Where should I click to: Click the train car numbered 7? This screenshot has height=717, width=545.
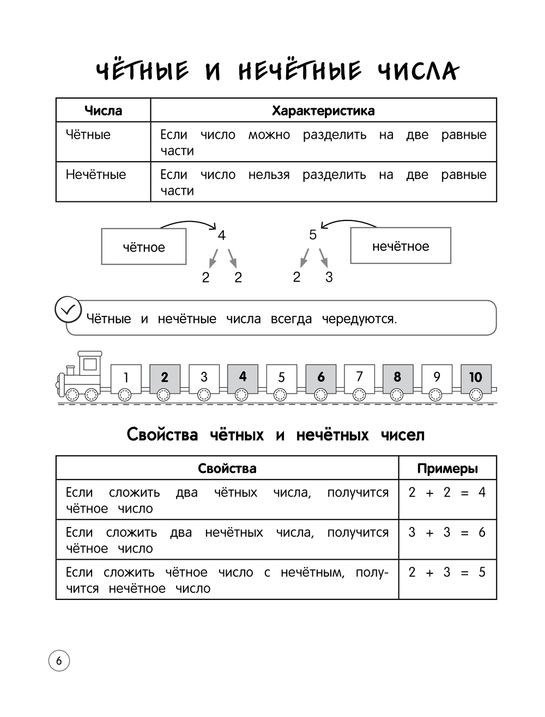(x=359, y=377)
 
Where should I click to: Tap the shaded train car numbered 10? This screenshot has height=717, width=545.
(x=476, y=377)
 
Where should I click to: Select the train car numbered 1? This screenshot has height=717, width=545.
(x=126, y=378)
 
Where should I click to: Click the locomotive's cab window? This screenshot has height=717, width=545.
(x=89, y=364)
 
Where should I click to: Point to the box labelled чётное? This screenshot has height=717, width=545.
(x=144, y=247)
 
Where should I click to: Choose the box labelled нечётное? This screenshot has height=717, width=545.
(x=401, y=246)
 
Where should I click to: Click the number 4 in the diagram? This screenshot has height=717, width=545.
(x=221, y=235)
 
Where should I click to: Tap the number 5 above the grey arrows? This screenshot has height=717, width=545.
(x=313, y=235)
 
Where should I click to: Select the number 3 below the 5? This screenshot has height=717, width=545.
(x=329, y=277)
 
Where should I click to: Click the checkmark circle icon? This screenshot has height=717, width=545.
(x=68, y=310)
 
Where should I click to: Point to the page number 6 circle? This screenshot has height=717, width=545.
(x=59, y=661)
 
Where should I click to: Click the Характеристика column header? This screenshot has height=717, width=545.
(x=323, y=111)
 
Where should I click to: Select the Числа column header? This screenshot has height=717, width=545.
(x=103, y=111)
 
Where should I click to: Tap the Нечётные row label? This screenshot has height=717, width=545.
(x=96, y=175)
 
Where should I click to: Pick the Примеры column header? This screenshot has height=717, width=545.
(x=447, y=468)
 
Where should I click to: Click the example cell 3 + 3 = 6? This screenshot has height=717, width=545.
(x=447, y=532)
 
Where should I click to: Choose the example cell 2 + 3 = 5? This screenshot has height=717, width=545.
(x=447, y=572)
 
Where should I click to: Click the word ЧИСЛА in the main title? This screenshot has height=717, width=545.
(x=419, y=71)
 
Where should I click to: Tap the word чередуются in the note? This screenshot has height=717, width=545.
(x=359, y=318)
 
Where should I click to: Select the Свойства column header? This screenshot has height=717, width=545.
(x=227, y=468)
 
